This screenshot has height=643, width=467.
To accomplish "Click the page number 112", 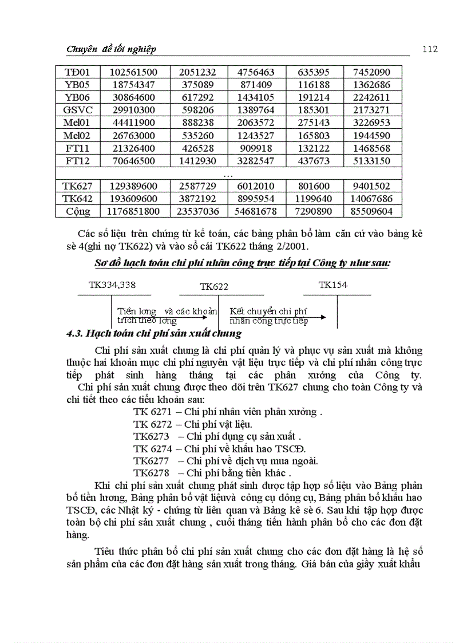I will (430, 49).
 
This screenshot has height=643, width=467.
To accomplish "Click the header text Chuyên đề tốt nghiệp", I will (112, 49).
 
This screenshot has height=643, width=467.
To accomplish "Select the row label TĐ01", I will (78, 72).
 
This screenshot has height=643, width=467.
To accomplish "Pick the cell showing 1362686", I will (373, 85).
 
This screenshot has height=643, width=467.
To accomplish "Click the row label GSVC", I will (78, 110).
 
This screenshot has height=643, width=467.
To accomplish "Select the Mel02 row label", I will (78, 136).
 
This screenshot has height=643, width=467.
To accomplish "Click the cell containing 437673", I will (314, 161).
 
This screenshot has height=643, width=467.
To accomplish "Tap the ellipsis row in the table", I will (228, 173).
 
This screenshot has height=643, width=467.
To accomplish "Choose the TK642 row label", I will (78, 199).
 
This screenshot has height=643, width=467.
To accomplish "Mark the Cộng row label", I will (78, 211).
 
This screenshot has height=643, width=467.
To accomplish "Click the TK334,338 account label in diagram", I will (112, 284).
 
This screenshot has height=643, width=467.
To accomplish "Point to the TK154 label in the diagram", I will (333, 284).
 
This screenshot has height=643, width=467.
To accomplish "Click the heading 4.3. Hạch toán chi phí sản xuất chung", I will (155, 333).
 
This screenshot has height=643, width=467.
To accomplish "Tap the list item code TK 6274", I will (153, 448).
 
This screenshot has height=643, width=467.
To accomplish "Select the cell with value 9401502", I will (373, 186).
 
